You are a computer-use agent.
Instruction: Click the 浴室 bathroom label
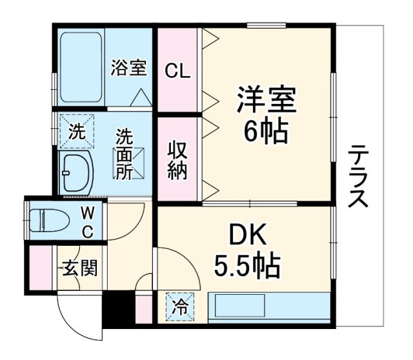(128, 68)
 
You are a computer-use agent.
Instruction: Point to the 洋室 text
(265, 101)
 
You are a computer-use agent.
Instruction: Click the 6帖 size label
(265, 132)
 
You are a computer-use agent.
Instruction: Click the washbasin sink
(76, 172)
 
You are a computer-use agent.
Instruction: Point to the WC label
(87, 221)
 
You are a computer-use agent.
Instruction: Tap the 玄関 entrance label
(76, 267)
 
